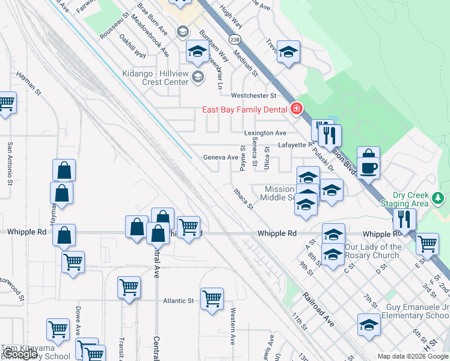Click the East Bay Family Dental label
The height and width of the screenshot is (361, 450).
[243, 109]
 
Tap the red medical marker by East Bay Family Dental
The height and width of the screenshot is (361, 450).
[295, 109]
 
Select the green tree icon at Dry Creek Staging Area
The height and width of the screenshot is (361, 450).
[439, 198]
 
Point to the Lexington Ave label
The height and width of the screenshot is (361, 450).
[265, 133]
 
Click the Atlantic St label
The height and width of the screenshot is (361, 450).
[178, 301]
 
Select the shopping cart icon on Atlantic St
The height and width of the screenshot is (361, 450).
[212, 298]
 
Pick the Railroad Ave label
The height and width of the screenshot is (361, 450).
[318, 310]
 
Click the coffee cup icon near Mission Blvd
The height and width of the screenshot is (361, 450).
[368, 167]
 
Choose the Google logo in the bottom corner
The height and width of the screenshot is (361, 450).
[20, 354]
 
